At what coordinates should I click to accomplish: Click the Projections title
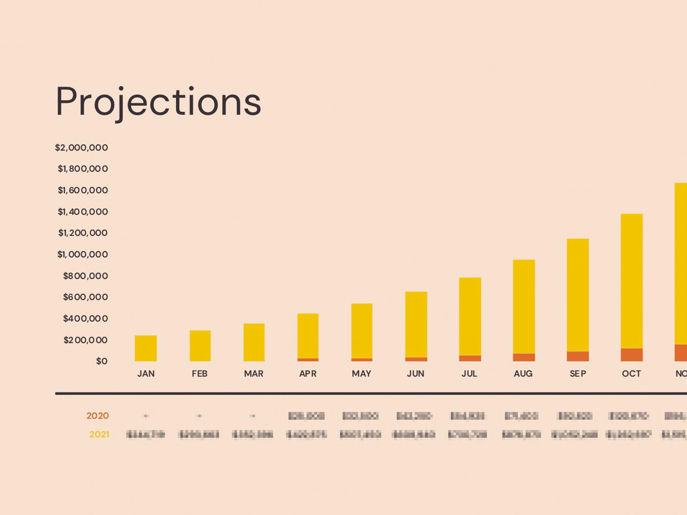[158, 102]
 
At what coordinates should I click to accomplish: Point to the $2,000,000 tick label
[82, 148]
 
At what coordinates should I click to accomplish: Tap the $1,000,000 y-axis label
[83, 254]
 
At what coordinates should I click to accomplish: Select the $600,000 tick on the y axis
[85, 297]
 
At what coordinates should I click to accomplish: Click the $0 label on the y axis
[102, 361]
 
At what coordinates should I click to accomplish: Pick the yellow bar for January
[146, 348]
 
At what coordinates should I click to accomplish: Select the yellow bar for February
[200, 345]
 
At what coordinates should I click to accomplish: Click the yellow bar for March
[254, 342]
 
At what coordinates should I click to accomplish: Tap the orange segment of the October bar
[632, 354]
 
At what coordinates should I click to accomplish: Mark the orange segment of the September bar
[578, 356]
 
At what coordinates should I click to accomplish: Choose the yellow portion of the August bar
[524, 306]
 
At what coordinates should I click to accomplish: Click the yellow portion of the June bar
[416, 324]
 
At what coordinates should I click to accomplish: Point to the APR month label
[308, 374]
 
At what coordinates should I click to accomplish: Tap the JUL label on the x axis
[469, 374]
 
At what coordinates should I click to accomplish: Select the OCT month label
[631, 374]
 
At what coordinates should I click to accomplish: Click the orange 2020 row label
[97, 416]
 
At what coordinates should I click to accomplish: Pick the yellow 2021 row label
[99, 435]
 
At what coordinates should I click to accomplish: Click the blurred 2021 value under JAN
[146, 435]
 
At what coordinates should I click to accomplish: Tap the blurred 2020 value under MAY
[360, 416]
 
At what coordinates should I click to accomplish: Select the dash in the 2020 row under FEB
[199, 416]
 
